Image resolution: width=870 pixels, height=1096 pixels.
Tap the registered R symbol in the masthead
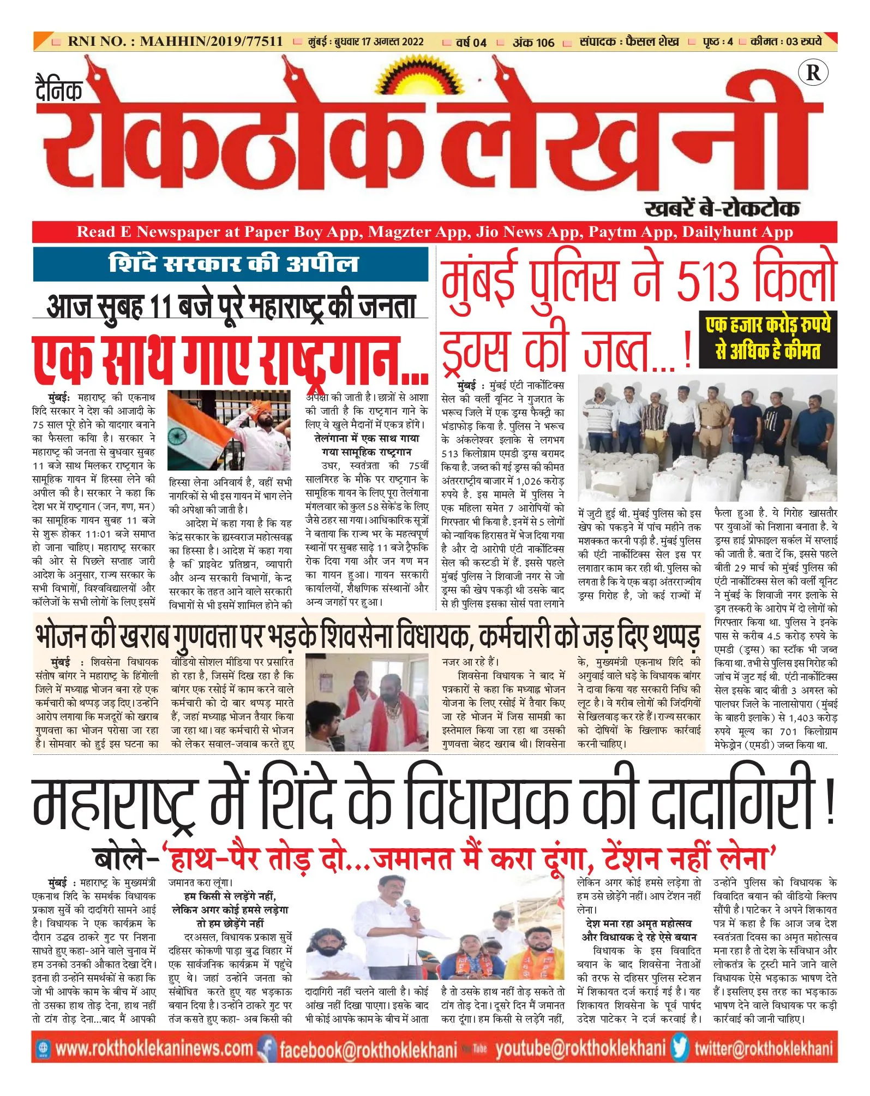[812, 73]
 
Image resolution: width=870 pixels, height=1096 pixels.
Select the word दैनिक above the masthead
[59, 90]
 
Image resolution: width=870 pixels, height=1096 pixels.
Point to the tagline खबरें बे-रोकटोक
[722, 209]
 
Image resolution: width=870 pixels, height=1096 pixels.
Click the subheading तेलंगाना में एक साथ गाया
[367, 438]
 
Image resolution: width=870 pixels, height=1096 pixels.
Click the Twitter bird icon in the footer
[680, 1047]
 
